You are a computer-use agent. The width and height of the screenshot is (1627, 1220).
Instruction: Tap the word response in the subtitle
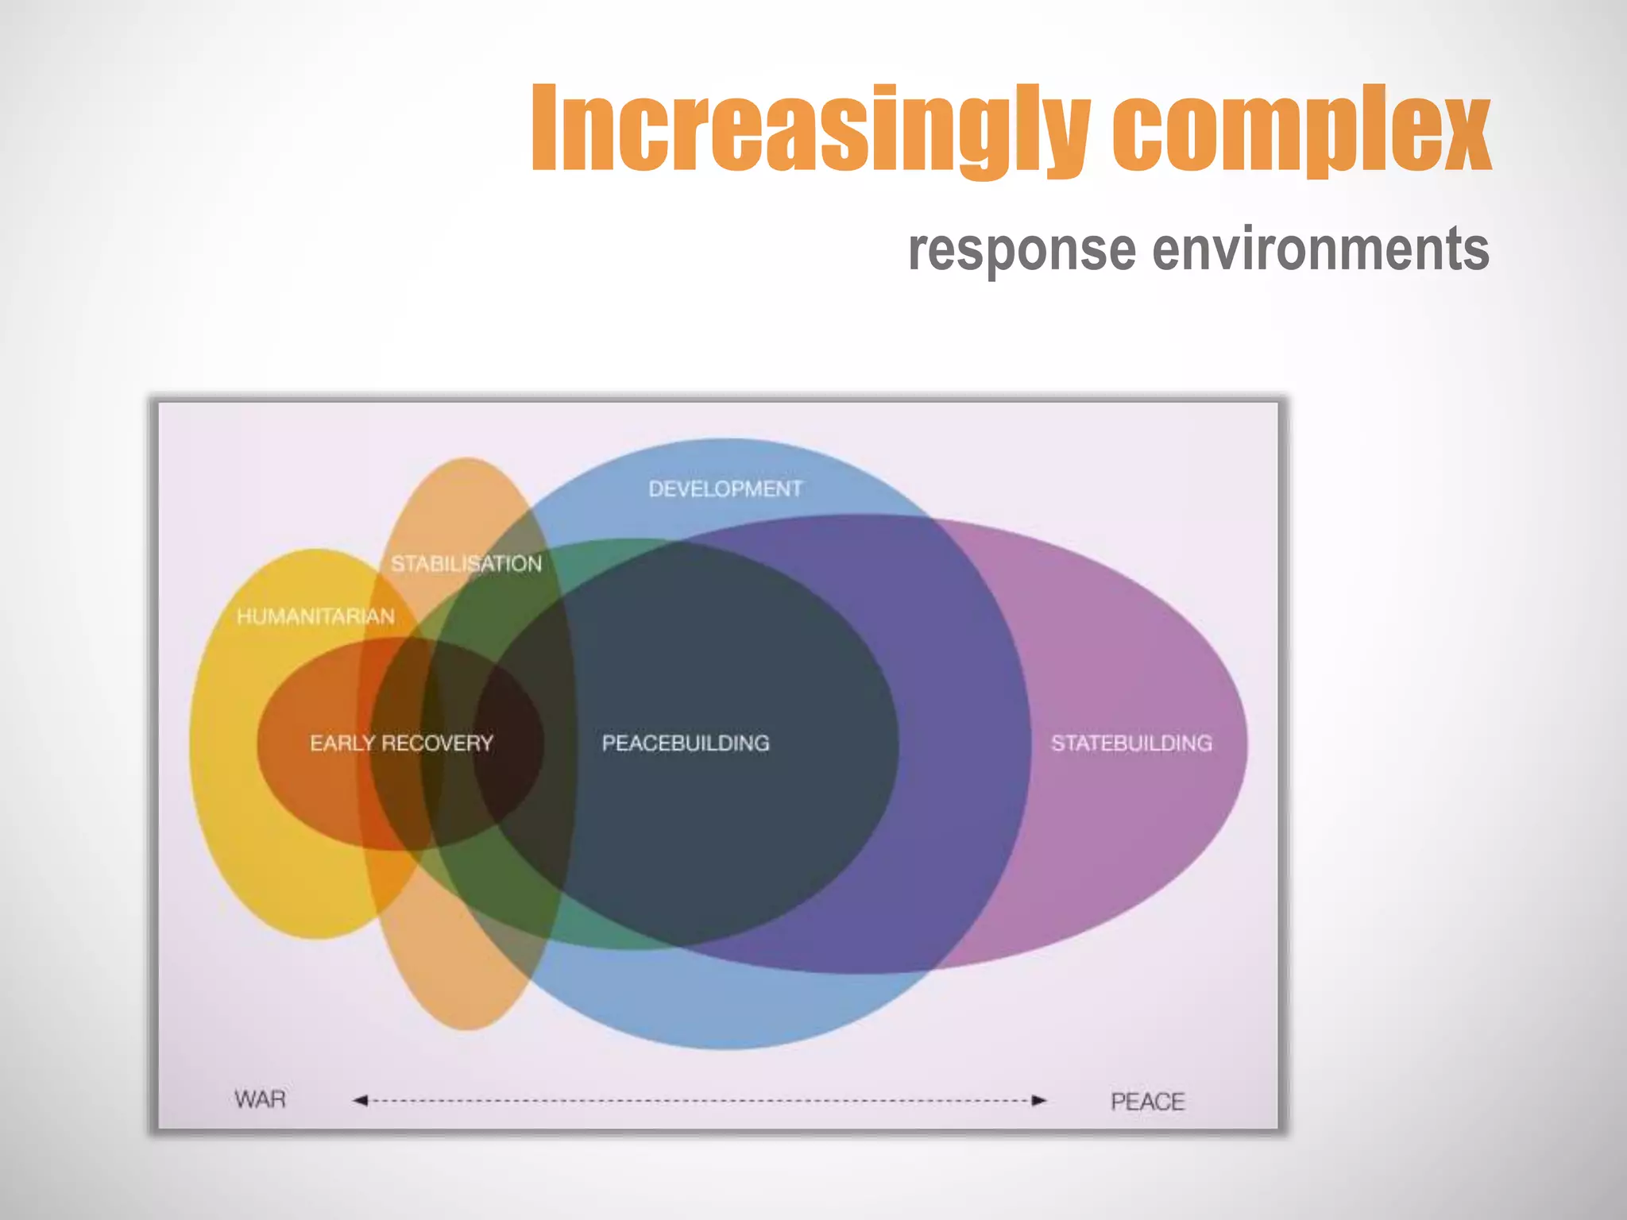click(1022, 249)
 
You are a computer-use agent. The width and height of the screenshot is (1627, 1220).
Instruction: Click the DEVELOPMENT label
click(725, 488)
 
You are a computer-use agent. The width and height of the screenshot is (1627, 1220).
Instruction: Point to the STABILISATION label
click(466, 564)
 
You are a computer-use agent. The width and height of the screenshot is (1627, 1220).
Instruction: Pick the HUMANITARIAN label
click(315, 616)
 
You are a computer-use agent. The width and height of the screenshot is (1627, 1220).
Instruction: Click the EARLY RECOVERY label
click(401, 743)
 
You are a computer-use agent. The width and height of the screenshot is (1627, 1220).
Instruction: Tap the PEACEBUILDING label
click(686, 743)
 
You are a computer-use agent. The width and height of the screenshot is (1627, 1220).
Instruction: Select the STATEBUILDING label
click(1131, 743)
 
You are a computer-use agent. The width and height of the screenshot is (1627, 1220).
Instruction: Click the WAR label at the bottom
click(260, 1099)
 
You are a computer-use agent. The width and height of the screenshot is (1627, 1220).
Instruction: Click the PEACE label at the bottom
click(1147, 1102)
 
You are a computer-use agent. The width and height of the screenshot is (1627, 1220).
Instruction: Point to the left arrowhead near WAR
click(360, 1100)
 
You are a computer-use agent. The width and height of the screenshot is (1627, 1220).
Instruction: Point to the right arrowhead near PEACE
click(1039, 1100)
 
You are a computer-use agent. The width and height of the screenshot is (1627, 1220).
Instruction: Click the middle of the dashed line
click(699, 1100)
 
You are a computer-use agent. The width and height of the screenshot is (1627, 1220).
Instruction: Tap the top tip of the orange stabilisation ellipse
click(467, 458)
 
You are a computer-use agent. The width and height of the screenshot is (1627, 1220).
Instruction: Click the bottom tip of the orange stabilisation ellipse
click(467, 1030)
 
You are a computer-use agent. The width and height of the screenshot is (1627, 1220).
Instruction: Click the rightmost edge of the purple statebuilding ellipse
click(1246, 744)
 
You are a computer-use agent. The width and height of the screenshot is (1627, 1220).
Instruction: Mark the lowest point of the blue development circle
click(727, 1048)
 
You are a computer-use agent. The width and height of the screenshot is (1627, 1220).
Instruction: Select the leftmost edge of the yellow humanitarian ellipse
click(190, 744)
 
